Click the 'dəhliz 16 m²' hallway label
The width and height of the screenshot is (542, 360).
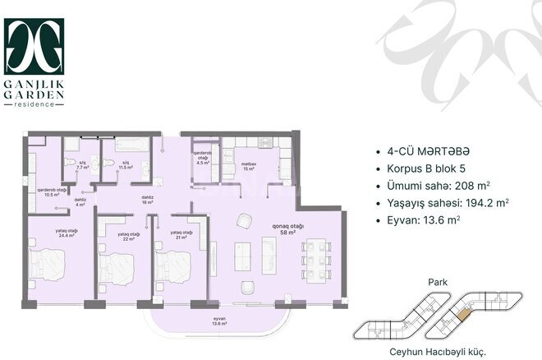(x=148, y=200)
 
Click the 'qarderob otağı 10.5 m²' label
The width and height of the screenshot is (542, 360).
(x=49, y=192)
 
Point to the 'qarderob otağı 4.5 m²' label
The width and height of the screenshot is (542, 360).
(x=203, y=158)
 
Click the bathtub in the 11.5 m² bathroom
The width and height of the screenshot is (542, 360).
(x=129, y=145)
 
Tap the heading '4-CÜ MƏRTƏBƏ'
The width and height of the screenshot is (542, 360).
(x=427, y=152)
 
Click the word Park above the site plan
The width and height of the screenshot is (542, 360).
(x=435, y=280)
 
